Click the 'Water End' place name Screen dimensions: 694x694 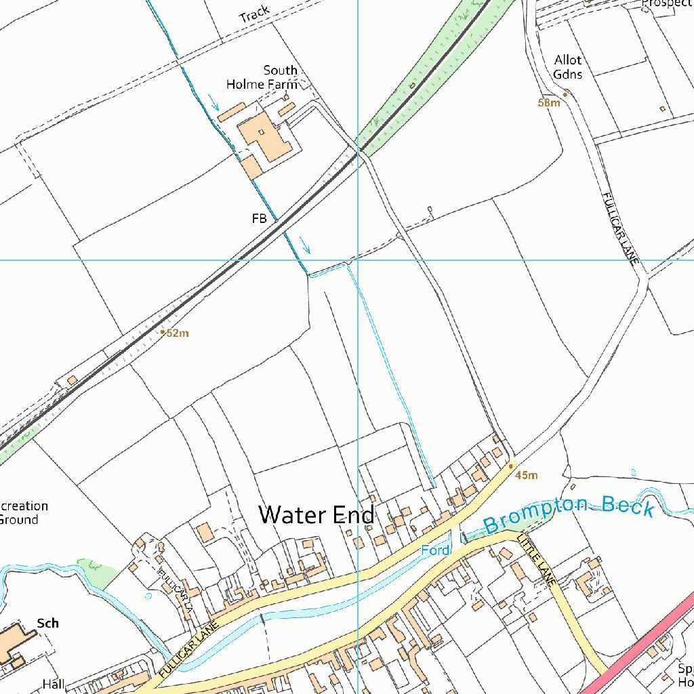316,514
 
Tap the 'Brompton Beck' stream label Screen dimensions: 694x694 569,514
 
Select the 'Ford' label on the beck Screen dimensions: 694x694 435,550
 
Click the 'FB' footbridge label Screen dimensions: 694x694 259,219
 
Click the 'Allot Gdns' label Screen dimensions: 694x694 568,67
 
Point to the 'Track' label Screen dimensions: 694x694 255,14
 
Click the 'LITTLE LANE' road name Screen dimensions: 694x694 537,560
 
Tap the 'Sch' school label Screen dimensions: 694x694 47,623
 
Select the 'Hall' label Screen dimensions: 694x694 53,684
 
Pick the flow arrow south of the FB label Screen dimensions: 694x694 305,245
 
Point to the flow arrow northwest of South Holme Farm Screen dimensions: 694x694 215,103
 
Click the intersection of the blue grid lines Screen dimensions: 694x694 358,260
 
